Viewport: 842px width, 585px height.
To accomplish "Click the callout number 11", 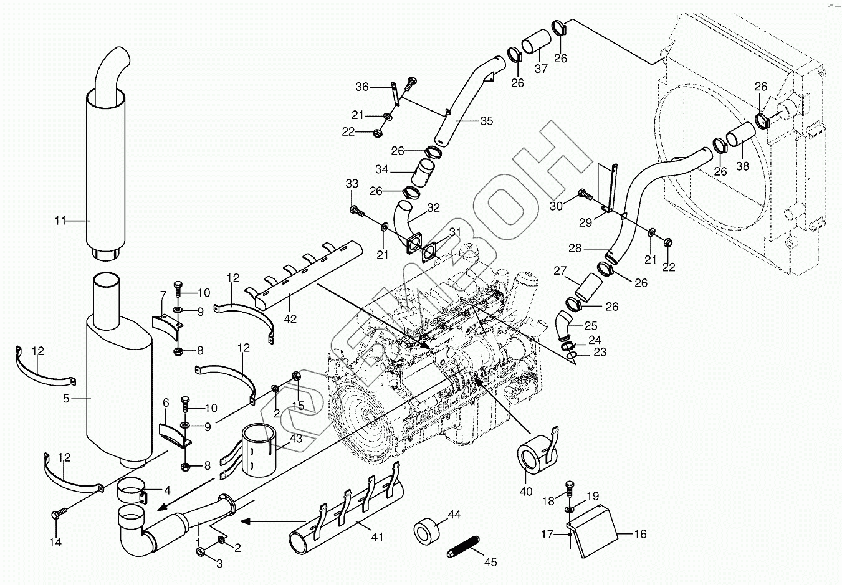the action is coord(60,221).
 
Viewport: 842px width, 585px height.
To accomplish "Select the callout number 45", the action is coord(490,562).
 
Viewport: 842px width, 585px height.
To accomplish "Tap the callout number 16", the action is coord(640,534).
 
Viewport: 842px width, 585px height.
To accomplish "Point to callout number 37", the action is coord(541,69).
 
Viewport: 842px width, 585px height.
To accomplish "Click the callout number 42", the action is coord(290,319).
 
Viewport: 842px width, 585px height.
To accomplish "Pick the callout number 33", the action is coord(352,184).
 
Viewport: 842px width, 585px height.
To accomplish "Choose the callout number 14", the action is coord(55,542).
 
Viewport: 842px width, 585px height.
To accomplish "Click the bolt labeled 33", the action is coord(356,211).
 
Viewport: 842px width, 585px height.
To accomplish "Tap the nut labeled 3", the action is coord(200,551).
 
